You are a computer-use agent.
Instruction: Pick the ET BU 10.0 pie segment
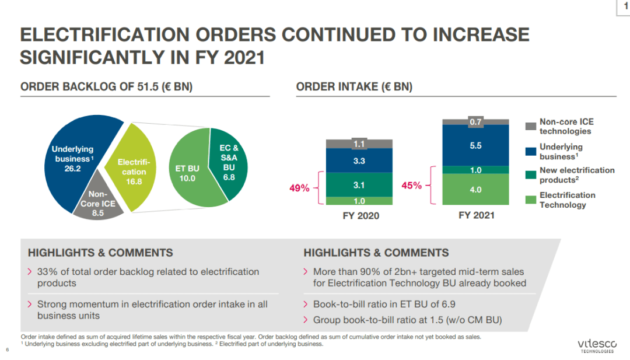pyautogui.click(x=188, y=173)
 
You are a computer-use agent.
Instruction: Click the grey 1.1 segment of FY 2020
pyautogui.click(x=359, y=144)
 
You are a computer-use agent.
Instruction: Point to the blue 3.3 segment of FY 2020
pyautogui.click(x=359, y=160)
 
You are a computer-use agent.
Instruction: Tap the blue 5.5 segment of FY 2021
pyautogui.click(x=475, y=145)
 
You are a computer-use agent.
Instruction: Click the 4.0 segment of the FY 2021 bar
pyautogui.click(x=475, y=189)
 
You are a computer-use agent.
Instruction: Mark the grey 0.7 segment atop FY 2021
pyautogui.click(x=475, y=121)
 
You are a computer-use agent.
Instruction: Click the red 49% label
pyautogui.click(x=300, y=188)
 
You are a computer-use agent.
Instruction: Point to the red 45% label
pyautogui.click(x=412, y=186)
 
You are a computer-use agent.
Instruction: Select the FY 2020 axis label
pyautogui.click(x=359, y=216)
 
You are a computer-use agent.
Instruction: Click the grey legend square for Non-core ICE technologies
pyautogui.click(x=531, y=126)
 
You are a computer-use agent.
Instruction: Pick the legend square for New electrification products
pyautogui.click(x=531, y=174)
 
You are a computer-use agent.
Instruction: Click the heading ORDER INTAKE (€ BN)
pyautogui.click(x=354, y=87)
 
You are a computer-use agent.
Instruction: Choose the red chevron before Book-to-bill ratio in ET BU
pyautogui.click(x=307, y=305)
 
